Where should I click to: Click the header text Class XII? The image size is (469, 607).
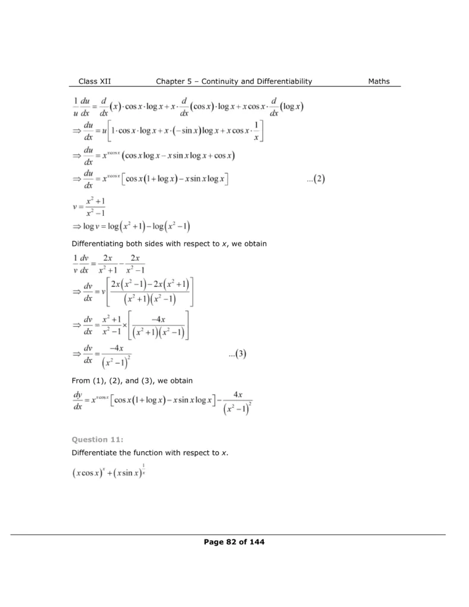(95, 81)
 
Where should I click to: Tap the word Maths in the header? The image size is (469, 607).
(379, 81)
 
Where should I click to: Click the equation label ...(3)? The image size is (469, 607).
(237, 354)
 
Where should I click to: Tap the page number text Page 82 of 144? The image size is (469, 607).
(234, 541)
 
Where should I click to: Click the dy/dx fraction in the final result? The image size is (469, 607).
(78, 402)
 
